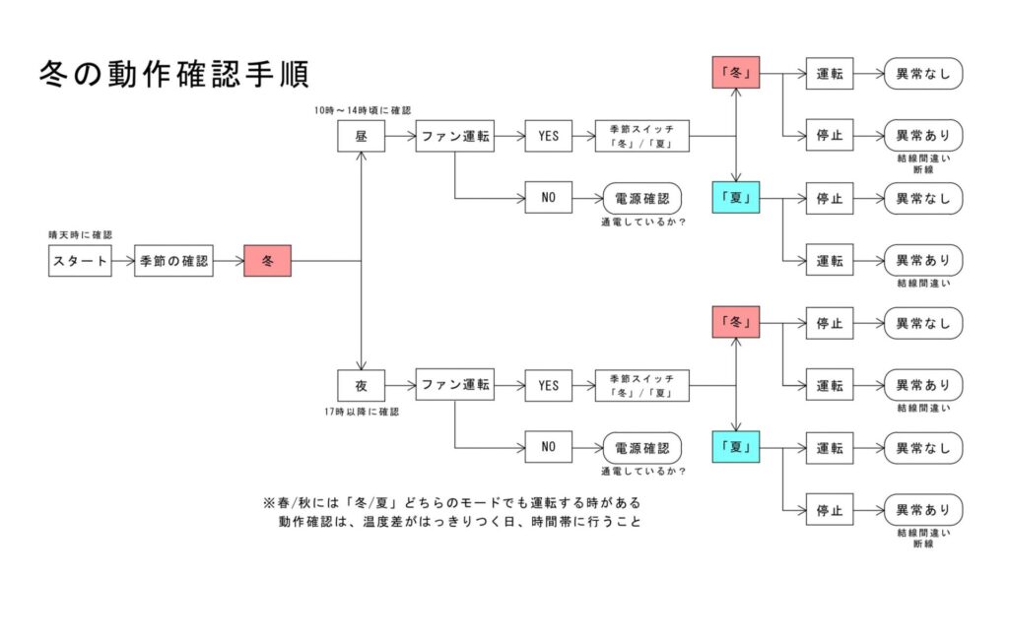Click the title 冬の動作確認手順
(x=173, y=74)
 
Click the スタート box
(x=80, y=261)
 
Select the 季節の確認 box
(x=173, y=261)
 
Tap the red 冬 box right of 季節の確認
(x=267, y=261)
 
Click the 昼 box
(x=361, y=137)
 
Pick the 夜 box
(x=361, y=385)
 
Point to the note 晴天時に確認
(x=80, y=235)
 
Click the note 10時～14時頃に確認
(x=362, y=111)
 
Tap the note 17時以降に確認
(x=362, y=412)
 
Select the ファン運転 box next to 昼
(x=454, y=137)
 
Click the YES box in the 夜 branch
(x=548, y=385)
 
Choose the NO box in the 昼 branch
(x=548, y=198)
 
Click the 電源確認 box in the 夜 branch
(x=641, y=447)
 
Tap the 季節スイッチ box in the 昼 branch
(x=641, y=137)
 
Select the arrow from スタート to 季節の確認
(x=122, y=261)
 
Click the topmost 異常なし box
(x=922, y=74)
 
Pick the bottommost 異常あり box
(x=922, y=510)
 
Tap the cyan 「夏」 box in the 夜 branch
(x=736, y=447)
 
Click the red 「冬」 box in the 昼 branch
(x=736, y=73)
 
